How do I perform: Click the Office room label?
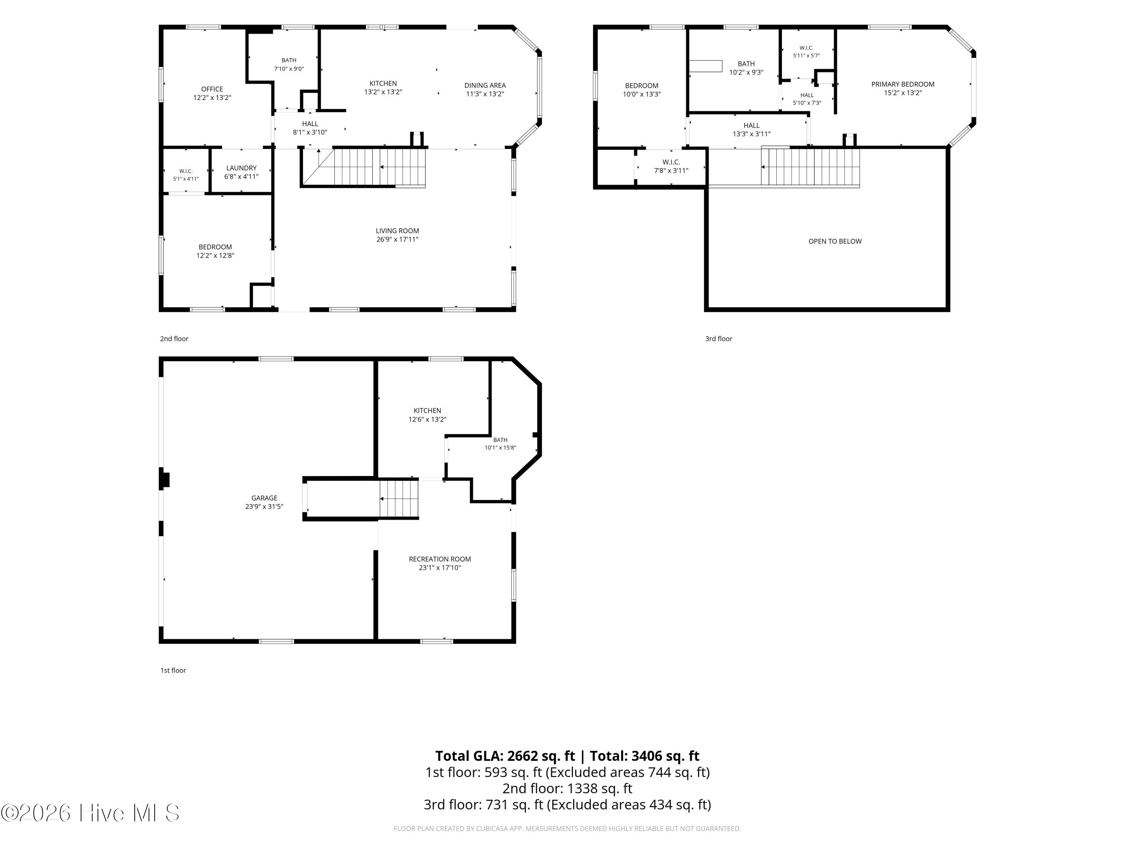pyautogui.click(x=212, y=89)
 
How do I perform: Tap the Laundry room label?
pyautogui.click(x=241, y=168)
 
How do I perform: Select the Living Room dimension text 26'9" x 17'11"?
pyautogui.click(x=397, y=239)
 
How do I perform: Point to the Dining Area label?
pyautogui.click(x=485, y=85)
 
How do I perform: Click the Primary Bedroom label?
pyautogui.click(x=903, y=84)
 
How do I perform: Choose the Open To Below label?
pyautogui.click(x=835, y=241)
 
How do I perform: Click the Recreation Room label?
pyautogui.click(x=440, y=559)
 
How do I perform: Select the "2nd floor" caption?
pyautogui.click(x=174, y=339)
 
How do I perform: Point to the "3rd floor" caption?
pyautogui.click(x=718, y=339)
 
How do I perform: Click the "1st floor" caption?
pyautogui.click(x=173, y=670)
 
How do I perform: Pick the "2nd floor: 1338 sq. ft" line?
pyautogui.click(x=567, y=788)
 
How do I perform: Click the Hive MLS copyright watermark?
pyautogui.click(x=90, y=813)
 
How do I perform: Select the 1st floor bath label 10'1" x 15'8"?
pyautogui.click(x=500, y=444)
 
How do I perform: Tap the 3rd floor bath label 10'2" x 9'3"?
pyautogui.click(x=746, y=68)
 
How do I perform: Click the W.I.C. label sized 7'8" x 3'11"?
pyautogui.click(x=671, y=166)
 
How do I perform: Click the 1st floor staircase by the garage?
pyautogui.click(x=399, y=498)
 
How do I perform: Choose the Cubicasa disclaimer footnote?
pyautogui.click(x=567, y=829)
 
